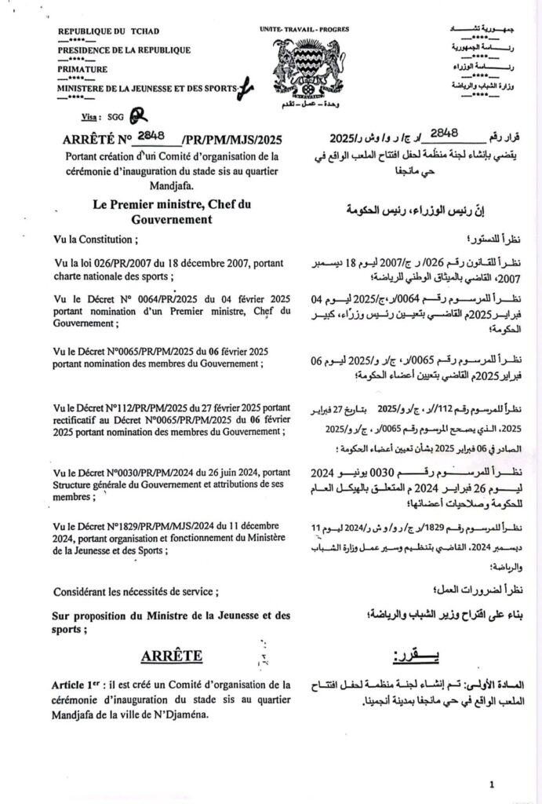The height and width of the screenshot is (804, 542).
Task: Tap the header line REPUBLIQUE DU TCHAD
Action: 108,31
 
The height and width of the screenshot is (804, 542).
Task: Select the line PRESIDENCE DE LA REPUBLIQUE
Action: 124,50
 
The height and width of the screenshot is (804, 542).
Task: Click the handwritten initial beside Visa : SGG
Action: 138,115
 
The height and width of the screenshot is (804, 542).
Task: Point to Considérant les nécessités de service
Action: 136,591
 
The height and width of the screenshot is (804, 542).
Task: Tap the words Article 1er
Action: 77,684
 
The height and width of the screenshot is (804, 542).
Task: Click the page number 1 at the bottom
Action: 492,784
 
